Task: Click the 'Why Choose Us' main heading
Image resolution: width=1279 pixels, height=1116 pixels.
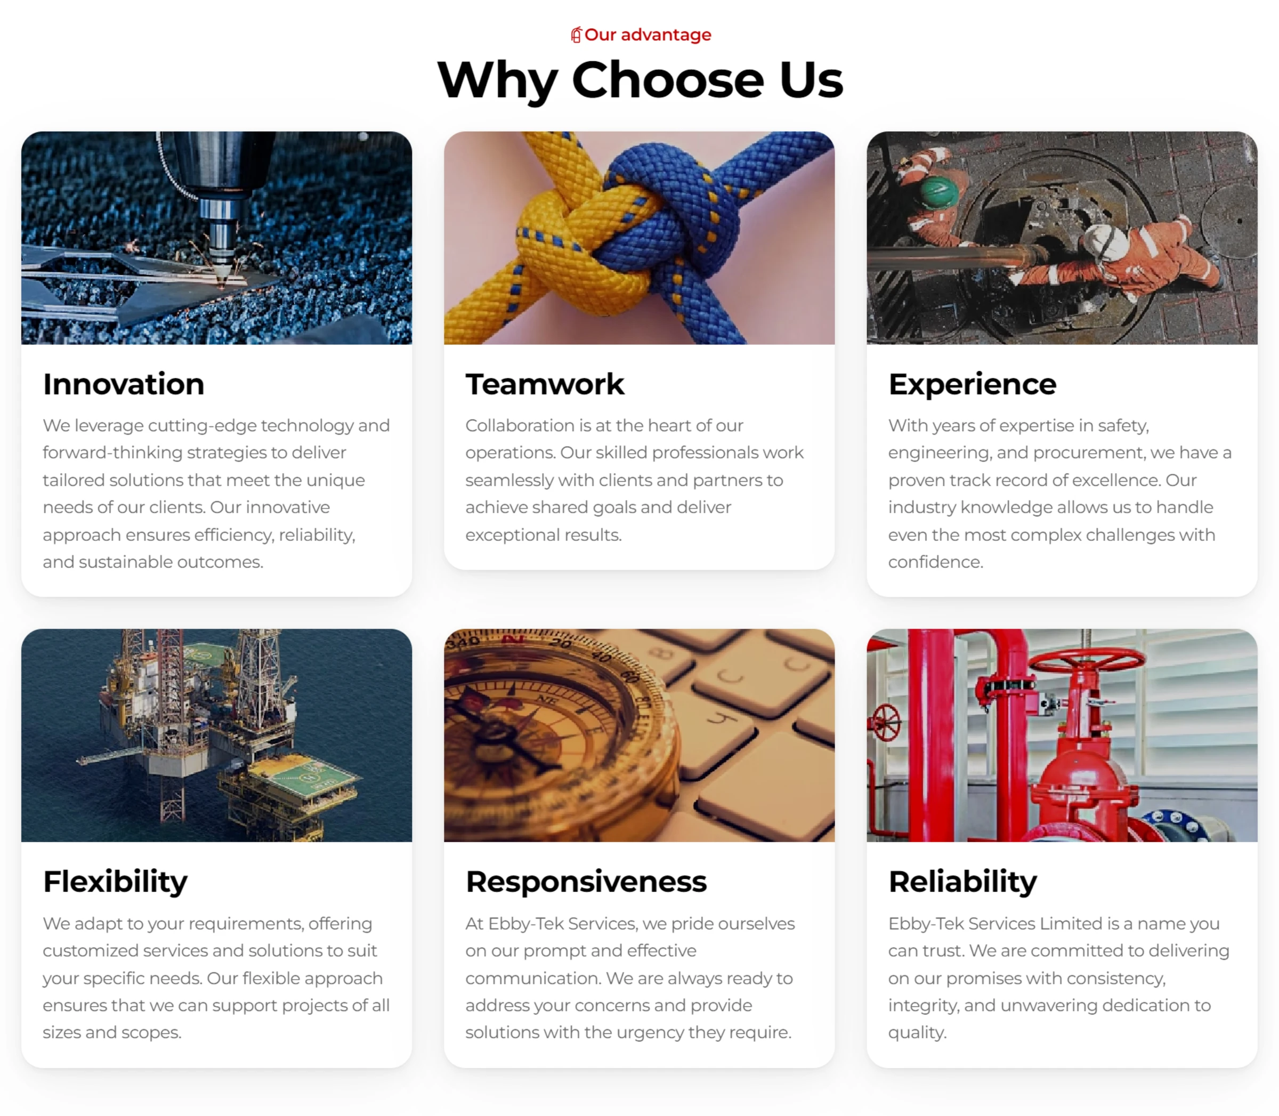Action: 639,80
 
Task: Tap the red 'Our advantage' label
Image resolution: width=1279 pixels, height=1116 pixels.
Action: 647,35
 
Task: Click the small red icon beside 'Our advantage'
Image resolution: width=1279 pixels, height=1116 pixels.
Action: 576,35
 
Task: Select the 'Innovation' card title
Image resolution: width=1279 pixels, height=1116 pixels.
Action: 123,384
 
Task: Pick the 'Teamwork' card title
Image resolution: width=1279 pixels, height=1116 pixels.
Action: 545,384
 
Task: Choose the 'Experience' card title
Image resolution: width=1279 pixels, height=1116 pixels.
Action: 972,384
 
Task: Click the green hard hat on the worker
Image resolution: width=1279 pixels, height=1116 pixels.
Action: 938,191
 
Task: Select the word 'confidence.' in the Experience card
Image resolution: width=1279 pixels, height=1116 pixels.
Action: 935,562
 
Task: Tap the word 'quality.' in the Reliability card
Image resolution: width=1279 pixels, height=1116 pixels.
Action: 917,1033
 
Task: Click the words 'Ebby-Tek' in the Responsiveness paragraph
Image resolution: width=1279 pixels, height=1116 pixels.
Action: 526,924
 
